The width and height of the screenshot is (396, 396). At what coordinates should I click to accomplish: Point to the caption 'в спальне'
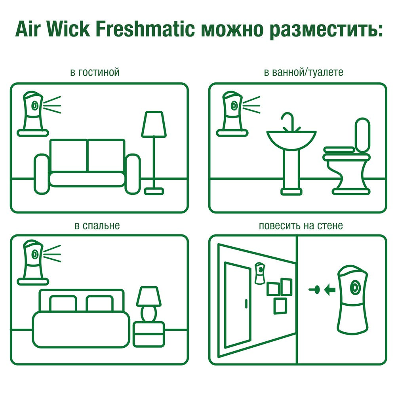pos(97,226)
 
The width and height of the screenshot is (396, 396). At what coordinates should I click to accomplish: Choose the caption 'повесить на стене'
pos(301,226)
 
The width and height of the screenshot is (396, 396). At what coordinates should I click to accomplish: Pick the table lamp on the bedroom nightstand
pos(149,303)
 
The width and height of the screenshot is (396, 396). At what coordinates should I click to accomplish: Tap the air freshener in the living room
pos(33,111)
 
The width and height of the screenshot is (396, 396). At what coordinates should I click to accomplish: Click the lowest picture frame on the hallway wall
pos(280,306)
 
